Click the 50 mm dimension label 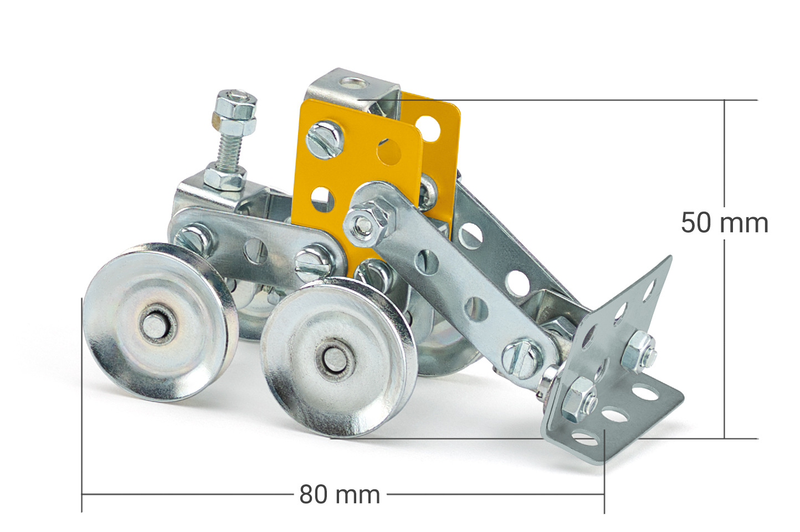[x=724, y=223]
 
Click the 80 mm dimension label [x=339, y=494]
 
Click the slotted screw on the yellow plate [x=325, y=139]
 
